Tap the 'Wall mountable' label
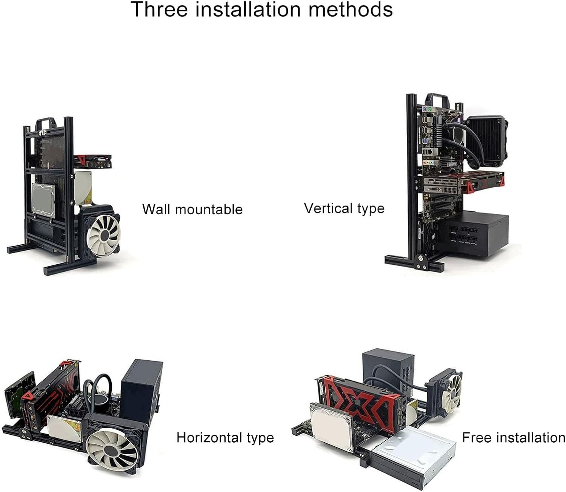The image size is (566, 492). (192, 209)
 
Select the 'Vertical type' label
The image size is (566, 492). (344, 208)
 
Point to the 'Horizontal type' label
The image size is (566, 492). (225, 438)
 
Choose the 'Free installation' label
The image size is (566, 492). (514, 438)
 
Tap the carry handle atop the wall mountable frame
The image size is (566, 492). (46, 123)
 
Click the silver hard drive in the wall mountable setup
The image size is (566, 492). (44, 200)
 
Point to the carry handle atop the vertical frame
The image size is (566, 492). (437, 100)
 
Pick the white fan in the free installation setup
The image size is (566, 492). (453, 392)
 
